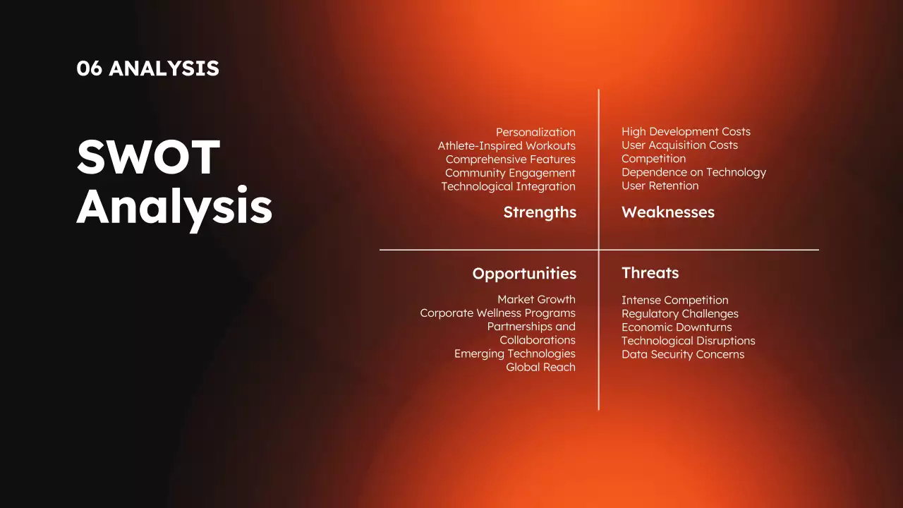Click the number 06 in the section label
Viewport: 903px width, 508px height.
pyautogui.click(x=89, y=68)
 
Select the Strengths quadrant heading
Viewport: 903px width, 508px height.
pyautogui.click(x=540, y=212)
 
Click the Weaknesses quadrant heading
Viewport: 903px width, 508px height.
pyautogui.click(x=668, y=212)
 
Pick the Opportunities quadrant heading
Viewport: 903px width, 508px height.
pyautogui.click(x=524, y=274)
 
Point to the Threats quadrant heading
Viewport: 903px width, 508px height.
pyautogui.click(x=650, y=273)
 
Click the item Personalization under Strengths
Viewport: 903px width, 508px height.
pyautogui.click(x=535, y=132)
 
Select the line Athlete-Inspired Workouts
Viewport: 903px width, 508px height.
pyautogui.click(x=507, y=145)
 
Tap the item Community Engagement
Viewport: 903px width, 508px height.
pyautogui.click(x=510, y=173)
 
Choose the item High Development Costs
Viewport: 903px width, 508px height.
pyautogui.click(x=686, y=131)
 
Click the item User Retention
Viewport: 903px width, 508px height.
pyautogui.click(x=660, y=186)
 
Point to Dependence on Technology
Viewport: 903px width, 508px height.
pyautogui.click(x=693, y=173)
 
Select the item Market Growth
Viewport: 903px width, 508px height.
pyautogui.click(x=537, y=300)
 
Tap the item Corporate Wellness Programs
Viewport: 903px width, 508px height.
pyautogui.click(x=498, y=313)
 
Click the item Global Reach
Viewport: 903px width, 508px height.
pyautogui.click(x=541, y=368)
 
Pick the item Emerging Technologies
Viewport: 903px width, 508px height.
pyautogui.click(x=515, y=354)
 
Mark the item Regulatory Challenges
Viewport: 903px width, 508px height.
pyautogui.click(x=680, y=314)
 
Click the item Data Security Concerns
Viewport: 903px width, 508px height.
pyautogui.click(x=683, y=354)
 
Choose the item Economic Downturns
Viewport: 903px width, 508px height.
pyautogui.click(x=677, y=327)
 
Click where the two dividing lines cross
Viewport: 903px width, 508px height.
pyautogui.click(x=599, y=250)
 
